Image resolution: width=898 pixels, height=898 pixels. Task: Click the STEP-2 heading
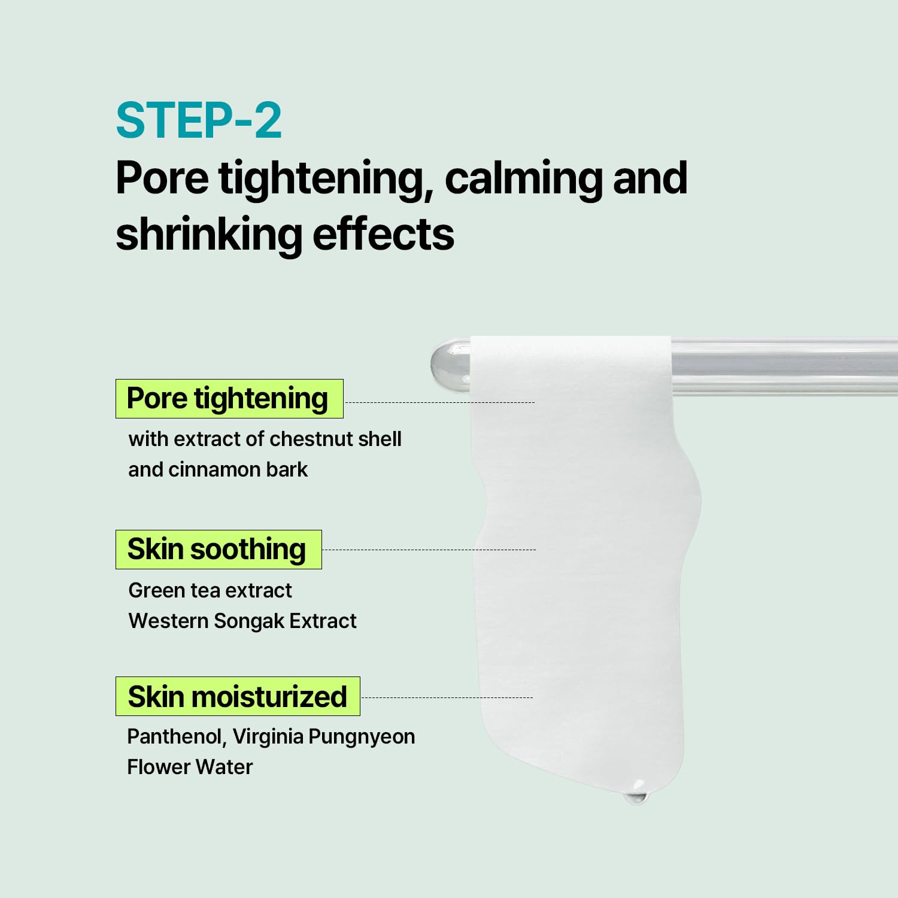[x=198, y=121]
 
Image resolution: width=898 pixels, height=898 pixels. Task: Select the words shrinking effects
[x=284, y=235]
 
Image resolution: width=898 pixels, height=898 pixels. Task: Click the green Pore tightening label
[x=229, y=399]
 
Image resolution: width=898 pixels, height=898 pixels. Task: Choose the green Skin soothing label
[x=218, y=550]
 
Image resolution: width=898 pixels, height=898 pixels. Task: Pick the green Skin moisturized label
[x=237, y=696]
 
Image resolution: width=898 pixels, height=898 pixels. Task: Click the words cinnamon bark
[x=238, y=469]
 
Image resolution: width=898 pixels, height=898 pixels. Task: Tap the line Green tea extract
[x=210, y=590]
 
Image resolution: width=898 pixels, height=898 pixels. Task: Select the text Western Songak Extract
[x=242, y=621]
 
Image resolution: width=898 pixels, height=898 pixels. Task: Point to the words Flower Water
[x=190, y=767]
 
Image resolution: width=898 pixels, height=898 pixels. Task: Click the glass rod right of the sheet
[x=784, y=366]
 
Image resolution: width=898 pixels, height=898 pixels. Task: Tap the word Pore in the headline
[x=162, y=178]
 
